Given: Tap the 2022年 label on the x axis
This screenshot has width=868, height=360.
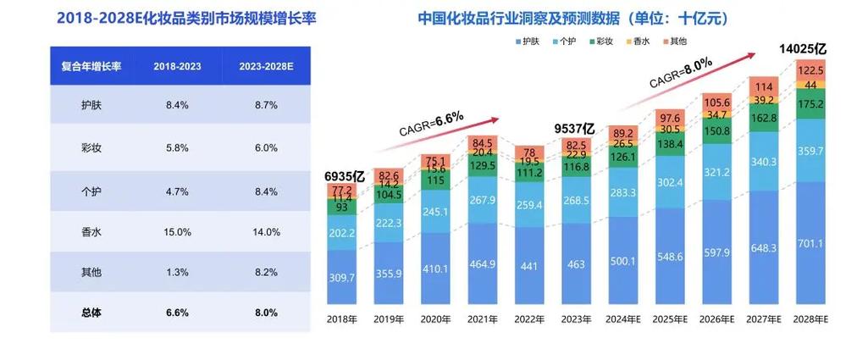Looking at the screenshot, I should point(529,318).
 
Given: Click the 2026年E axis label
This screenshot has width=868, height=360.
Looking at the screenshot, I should point(716,318).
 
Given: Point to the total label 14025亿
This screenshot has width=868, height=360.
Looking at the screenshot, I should point(800,52).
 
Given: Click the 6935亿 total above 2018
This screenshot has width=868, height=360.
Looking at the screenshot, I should point(343,176).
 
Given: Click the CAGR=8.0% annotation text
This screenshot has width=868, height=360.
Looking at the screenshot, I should point(680,73).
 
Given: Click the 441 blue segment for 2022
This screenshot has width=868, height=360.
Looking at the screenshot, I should point(529,264).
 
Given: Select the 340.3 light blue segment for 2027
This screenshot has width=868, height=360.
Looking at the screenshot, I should point(763,161).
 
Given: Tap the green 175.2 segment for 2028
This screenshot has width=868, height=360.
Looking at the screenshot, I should point(810,104).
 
